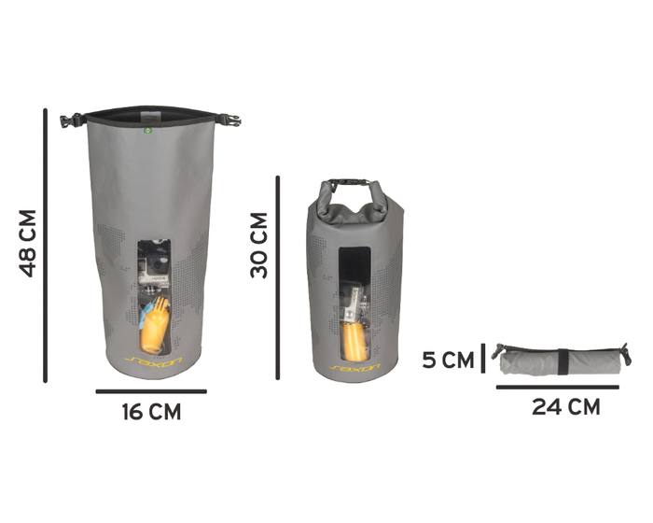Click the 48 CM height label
[27, 244]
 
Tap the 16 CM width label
[151, 412]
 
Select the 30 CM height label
[259, 246]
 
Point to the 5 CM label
[448, 360]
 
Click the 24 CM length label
[566, 407]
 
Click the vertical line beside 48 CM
[46, 246]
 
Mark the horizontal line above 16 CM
[151, 391]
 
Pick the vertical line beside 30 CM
[278, 277]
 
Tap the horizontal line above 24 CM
[558, 387]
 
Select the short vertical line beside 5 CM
[483, 358]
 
